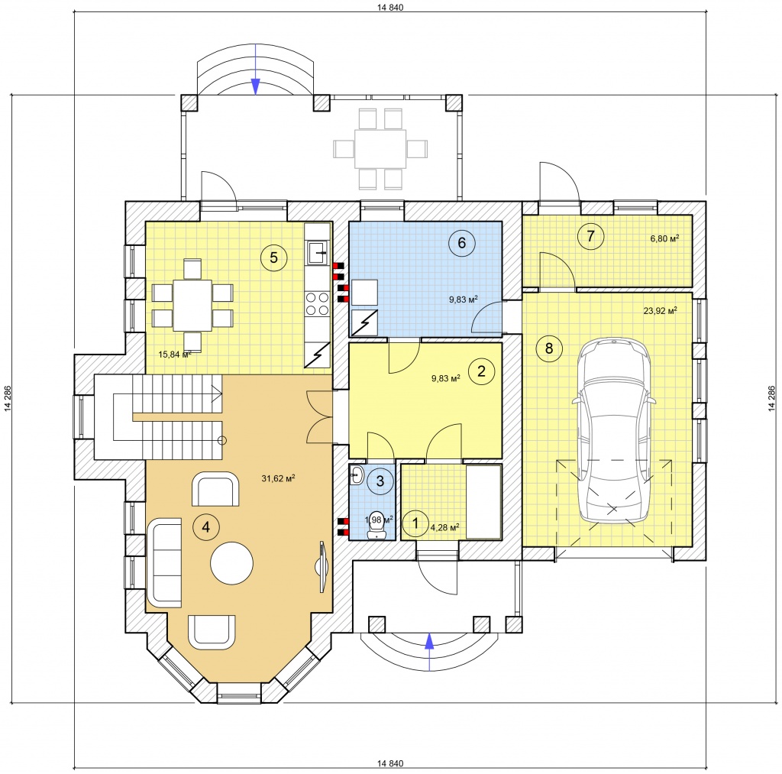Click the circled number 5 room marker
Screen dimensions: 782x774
coord(273,257)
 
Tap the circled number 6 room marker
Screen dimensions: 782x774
coord(461,242)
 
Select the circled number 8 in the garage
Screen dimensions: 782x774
coord(549,348)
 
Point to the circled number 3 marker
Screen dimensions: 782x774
coord(380,481)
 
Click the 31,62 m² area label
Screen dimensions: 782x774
coord(278,478)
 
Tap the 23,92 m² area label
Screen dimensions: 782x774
coord(660,311)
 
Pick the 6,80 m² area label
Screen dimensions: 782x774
coord(664,239)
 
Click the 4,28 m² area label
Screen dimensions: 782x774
coord(444,527)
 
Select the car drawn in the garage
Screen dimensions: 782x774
coord(614,431)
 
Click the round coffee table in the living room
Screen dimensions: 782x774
coord(231,563)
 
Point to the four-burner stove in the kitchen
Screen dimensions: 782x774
coord(317,303)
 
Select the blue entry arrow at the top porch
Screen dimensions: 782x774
coord(255,70)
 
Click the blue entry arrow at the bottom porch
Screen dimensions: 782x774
coord(429,652)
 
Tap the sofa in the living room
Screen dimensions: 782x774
coord(164,563)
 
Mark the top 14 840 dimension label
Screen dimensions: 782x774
coord(390,7)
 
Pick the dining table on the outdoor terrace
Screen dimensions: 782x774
coord(380,149)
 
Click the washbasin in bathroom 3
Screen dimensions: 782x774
coord(357,474)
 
